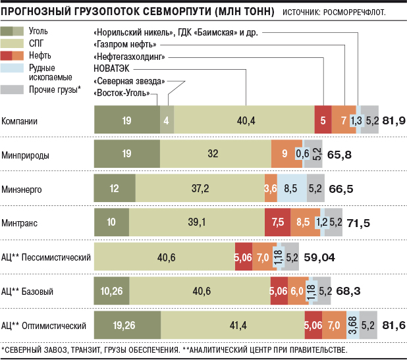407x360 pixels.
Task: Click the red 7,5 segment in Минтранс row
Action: [x=277, y=222]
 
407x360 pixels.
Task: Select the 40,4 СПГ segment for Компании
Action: [x=244, y=120]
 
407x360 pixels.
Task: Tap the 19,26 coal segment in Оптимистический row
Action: [x=127, y=325]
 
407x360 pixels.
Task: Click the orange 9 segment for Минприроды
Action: [x=284, y=154]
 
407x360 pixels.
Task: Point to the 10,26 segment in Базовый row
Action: [x=113, y=291]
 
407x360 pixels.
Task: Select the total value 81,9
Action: [x=393, y=120]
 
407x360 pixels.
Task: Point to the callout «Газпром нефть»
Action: [x=125, y=45]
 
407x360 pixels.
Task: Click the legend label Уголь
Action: [x=38, y=31]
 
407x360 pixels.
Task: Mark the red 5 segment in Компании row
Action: [x=323, y=120]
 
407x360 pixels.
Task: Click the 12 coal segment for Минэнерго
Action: [x=114, y=188]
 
